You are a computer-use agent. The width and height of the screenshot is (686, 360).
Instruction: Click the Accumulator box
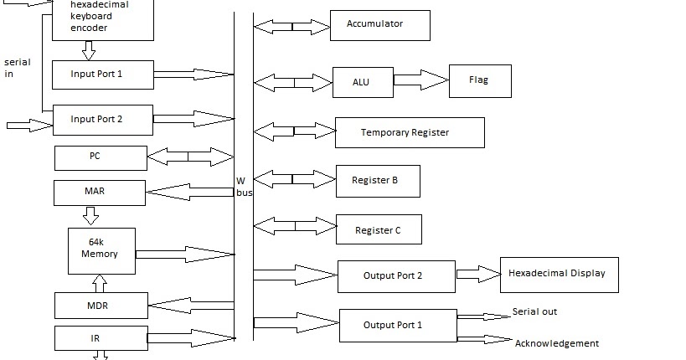pos(379,25)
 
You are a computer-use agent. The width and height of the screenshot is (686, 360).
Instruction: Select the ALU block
pos(362,82)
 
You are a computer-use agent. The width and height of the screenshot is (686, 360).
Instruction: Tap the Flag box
pos(479,80)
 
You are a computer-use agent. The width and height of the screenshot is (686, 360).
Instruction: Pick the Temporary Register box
pos(409,132)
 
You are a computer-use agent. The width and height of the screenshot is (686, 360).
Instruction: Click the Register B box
pos(377,180)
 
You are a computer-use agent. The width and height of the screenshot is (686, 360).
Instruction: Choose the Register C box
pos(378,229)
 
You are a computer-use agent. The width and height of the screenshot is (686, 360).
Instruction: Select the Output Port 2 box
pos(396,275)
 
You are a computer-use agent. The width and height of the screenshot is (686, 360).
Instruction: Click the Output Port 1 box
pos(397,325)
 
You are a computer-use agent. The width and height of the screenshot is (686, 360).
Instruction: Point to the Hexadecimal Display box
pos(559,274)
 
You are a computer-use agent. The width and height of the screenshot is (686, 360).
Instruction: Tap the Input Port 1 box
pos(101,75)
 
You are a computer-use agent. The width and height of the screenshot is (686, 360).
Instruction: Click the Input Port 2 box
pos(102,120)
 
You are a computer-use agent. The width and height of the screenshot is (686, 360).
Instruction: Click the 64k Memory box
pos(101,250)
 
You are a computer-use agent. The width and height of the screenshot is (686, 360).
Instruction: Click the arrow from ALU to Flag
pos(420,80)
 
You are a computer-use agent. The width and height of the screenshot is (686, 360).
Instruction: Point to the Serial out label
pos(534,312)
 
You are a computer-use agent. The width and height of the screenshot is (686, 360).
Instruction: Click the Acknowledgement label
pos(556,343)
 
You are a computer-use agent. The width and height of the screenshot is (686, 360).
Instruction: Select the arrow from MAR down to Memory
pos(90,217)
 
